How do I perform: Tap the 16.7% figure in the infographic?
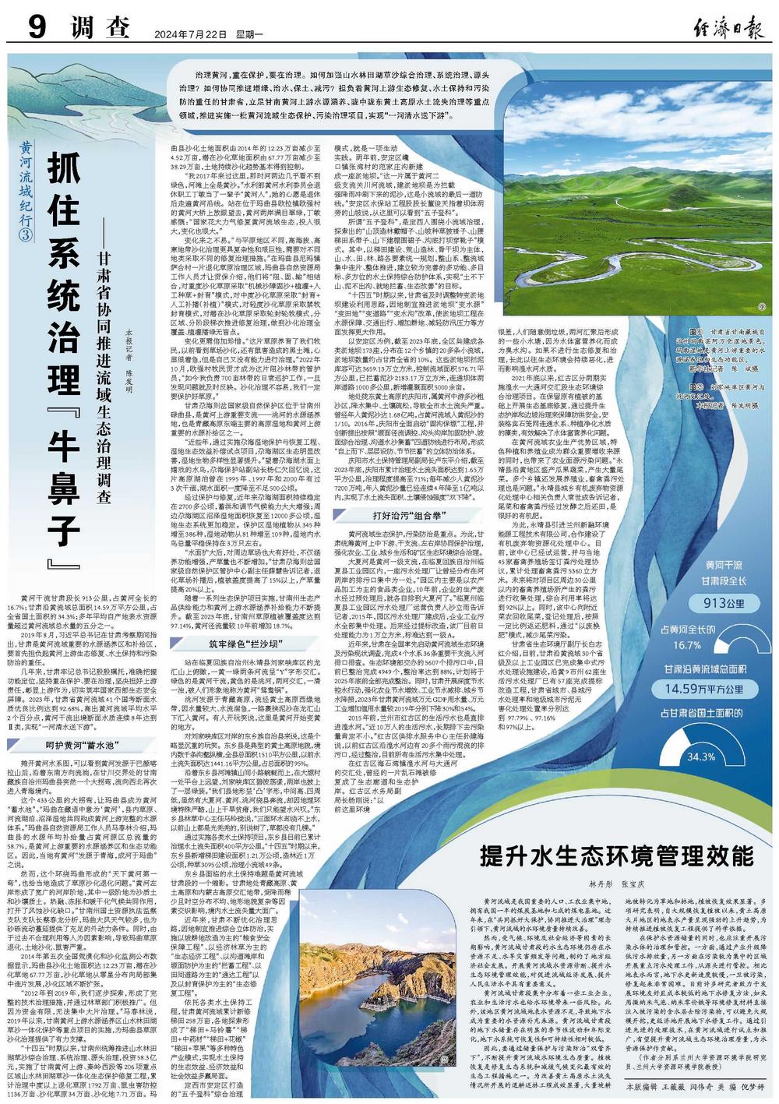click(688, 645)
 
